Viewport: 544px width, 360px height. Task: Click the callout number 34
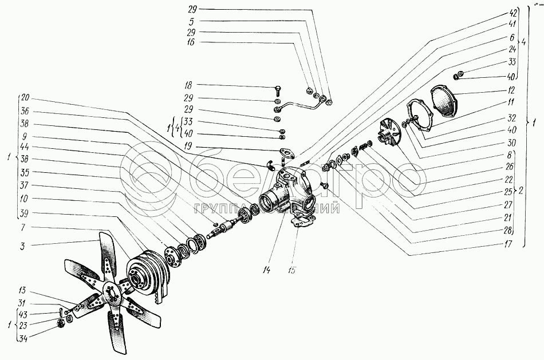tap(24, 338)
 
